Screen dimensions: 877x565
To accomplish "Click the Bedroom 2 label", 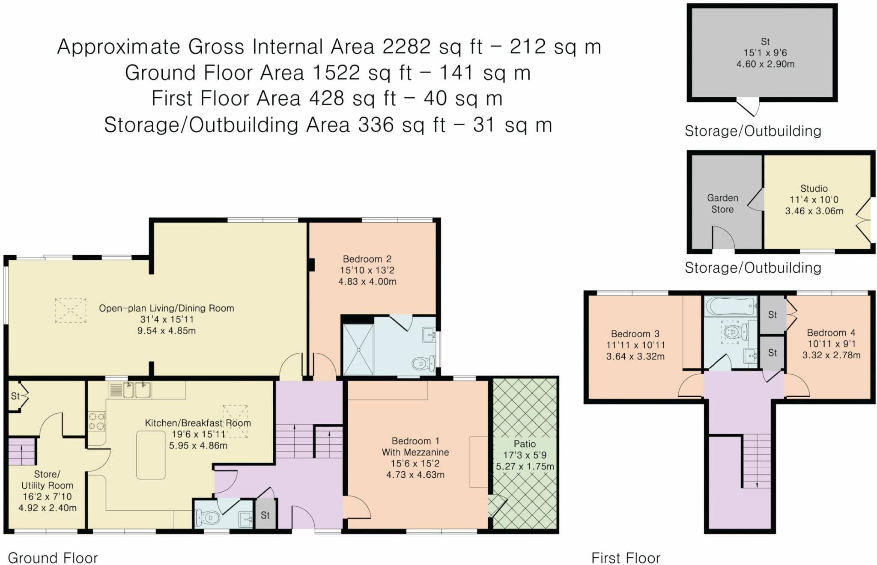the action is point(367,259).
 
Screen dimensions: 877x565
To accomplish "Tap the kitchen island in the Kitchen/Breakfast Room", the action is point(151,455).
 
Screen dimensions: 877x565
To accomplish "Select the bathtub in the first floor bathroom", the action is point(731,306).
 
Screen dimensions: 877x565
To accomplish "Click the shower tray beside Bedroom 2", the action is point(358,349).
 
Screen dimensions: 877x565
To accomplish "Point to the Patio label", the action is point(525,444).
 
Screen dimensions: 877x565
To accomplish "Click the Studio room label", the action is point(814,188).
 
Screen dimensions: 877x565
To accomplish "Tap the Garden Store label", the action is point(722,204).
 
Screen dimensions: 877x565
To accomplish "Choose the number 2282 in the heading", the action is point(406,46).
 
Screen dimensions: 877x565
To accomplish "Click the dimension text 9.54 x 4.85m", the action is point(167,330).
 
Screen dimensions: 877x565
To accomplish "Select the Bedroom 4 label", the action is point(831,333).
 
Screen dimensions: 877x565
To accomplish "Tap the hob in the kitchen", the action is point(97,420).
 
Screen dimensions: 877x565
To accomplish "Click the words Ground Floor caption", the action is point(53,558).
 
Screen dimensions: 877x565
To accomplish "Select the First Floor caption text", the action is point(626,558).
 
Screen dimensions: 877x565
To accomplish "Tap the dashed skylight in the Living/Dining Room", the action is point(70,310).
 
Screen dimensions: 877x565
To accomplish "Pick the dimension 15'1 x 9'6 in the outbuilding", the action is point(765,53).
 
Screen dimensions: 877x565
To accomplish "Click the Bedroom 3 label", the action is point(635,334).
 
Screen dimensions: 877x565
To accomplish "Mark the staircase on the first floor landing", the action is point(757,461).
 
